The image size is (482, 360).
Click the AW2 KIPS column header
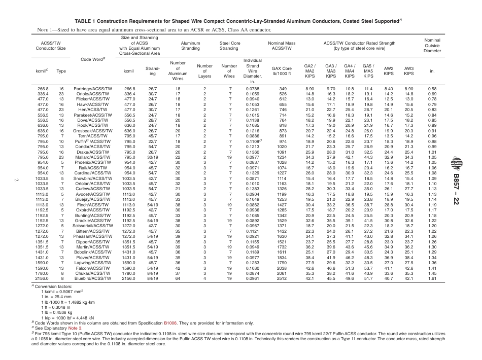389,71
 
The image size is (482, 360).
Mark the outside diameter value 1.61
432,278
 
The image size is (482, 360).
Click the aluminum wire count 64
178,278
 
